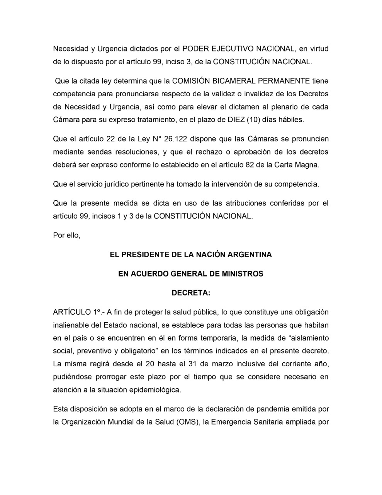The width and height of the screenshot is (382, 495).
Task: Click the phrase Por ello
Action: click(66, 235)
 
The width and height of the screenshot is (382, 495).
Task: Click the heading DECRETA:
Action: click(191, 293)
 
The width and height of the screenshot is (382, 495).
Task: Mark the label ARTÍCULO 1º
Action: click(76, 312)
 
